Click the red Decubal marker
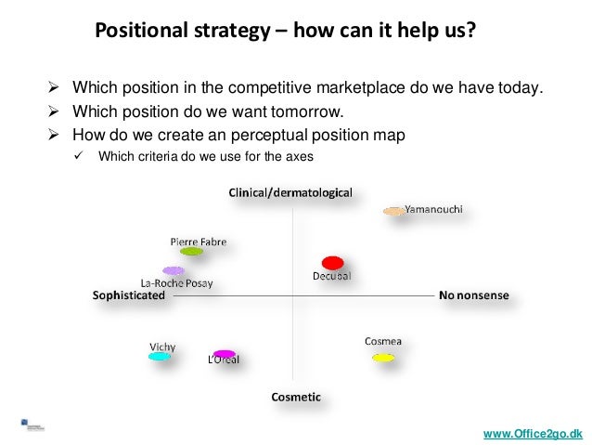[x=332, y=263]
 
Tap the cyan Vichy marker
[x=161, y=356]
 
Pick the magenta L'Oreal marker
[x=224, y=354]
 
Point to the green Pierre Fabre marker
[x=191, y=251]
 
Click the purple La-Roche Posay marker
[x=174, y=270]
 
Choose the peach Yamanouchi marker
[x=394, y=212]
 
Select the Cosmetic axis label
[x=296, y=397]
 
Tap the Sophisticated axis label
[x=129, y=295]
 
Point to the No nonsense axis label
[x=474, y=295]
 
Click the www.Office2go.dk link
[x=533, y=434]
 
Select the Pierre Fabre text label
[x=198, y=241]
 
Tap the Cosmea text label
[x=382, y=341]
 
